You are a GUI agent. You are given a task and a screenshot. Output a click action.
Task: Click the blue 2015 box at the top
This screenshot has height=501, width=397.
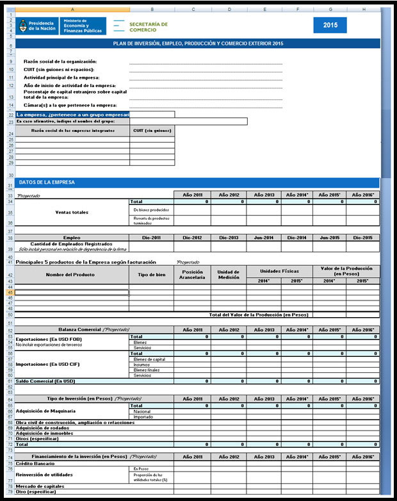pyautogui.click(x=330, y=26)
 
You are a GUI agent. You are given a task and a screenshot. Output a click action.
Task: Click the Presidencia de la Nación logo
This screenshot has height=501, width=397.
pyautogui.click(x=36, y=26)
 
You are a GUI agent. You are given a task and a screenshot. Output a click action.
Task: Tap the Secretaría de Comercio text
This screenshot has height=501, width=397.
pyautogui.click(x=148, y=26)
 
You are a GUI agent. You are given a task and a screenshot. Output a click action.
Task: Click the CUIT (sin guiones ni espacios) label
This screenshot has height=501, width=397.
pyautogui.click(x=59, y=69)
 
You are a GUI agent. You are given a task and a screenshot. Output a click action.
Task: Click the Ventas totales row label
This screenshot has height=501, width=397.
pyautogui.click(x=72, y=211)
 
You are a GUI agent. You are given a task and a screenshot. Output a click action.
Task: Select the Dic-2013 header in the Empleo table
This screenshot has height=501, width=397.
pyautogui.click(x=229, y=238)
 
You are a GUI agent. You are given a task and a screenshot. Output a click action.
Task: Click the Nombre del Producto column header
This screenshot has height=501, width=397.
pyautogui.click(x=72, y=275)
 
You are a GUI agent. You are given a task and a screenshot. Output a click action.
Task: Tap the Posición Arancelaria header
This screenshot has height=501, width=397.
pyautogui.click(x=193, y=275)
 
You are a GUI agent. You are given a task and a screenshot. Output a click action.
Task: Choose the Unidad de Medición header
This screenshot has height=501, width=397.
pyautogui.click(x=229, y=275)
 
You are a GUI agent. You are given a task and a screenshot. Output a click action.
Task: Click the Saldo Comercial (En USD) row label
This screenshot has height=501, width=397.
pyautogui.click(x=45, y=381)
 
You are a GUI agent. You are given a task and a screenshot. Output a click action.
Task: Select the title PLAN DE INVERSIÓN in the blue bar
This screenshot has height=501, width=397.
pyautogui.click(x=197, y=44)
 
